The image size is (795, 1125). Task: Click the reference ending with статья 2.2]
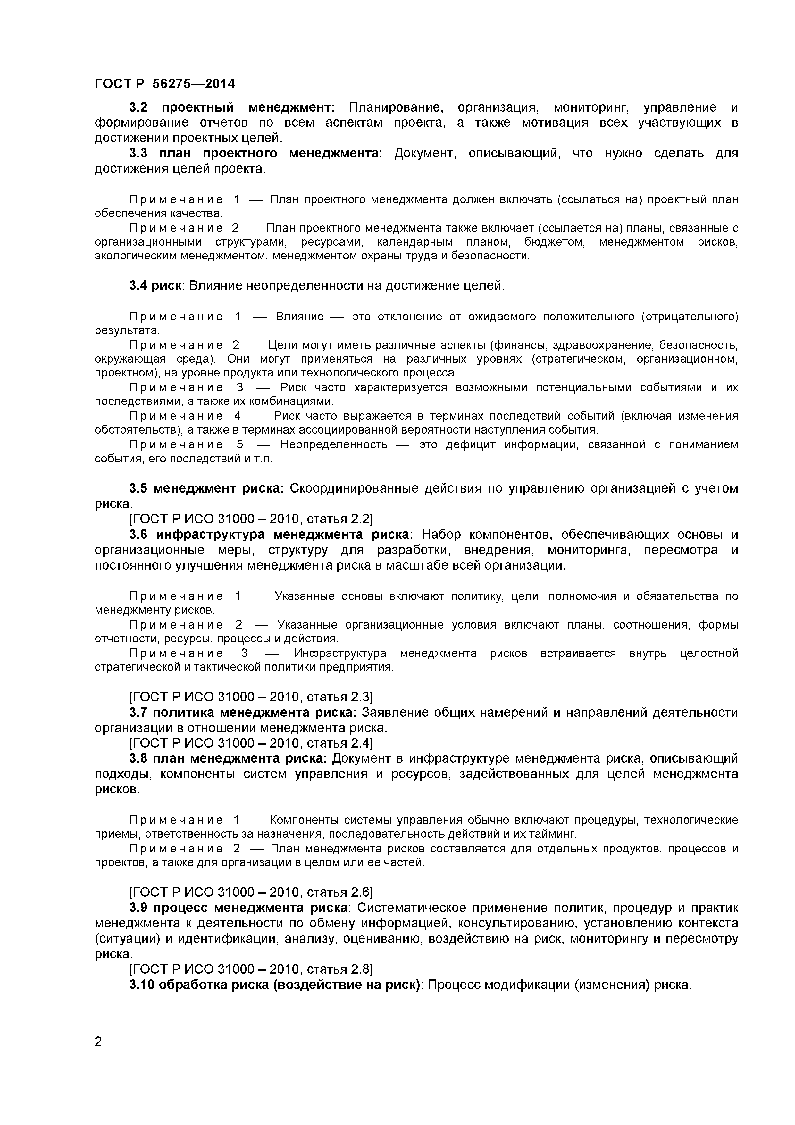(251, 519)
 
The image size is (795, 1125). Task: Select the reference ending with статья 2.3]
(251, 697)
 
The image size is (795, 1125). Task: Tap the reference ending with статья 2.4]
(251, 743)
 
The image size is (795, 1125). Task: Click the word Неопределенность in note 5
(334, 444)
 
